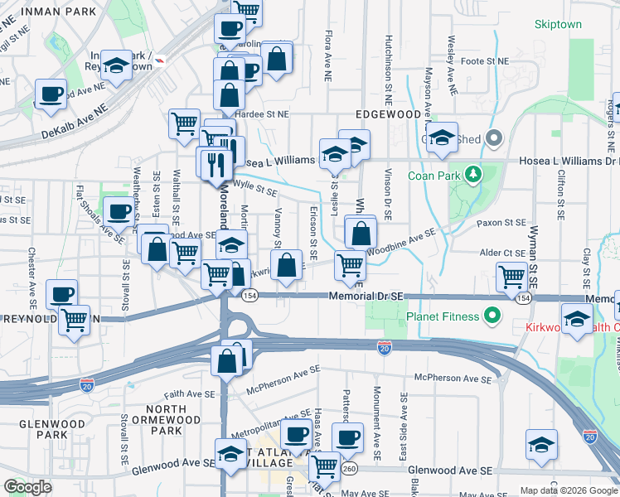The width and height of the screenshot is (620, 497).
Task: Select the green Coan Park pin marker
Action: click(472, 175)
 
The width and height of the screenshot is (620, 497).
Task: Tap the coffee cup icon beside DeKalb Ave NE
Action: click(51, 94)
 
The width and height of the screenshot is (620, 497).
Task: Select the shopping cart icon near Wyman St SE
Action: click(511, 278)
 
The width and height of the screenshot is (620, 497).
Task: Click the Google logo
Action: click(27, 487)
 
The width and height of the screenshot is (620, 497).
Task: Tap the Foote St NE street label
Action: click(484, 61)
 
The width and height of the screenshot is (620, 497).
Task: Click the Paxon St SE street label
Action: click(501, 223)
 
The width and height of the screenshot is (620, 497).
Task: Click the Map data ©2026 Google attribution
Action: click(569, 490)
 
